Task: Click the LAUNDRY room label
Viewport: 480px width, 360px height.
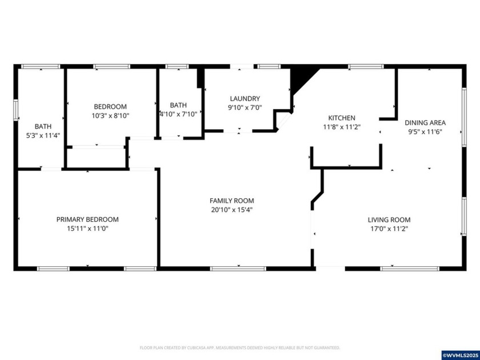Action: click(x=245, y=98)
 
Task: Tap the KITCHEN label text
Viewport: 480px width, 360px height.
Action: click(x=341, y=118)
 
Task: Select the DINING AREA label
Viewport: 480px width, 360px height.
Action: click(x=425, y=122)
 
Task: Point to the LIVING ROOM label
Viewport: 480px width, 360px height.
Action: click(x=389, y=220)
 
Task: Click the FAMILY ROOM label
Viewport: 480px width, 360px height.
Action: click(x=231, y=201)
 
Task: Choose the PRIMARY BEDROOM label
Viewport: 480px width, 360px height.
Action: click(x=87, y=219)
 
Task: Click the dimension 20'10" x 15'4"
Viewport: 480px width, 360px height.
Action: click(x=231, y=210)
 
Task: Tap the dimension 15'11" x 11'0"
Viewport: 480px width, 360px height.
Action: click(x=87, y=229)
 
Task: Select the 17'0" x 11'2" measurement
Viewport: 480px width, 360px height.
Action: click(x=389, y=229)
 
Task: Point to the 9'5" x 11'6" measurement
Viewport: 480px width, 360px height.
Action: click(x=425, y=131)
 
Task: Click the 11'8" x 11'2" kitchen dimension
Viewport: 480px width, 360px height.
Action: click(x=341, y=127)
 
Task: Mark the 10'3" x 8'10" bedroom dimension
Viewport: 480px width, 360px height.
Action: click(x=110, y=115)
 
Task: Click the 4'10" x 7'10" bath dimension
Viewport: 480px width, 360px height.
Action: click(x=178, y=114)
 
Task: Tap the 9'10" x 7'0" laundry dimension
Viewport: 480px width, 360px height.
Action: click(x=245, y=107)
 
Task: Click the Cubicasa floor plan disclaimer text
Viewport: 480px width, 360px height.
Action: click(x=240, y=347)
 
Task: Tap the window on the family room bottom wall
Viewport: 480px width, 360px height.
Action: click(x=238, y=268)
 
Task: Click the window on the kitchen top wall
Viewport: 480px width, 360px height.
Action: click(x=366, y=66)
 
